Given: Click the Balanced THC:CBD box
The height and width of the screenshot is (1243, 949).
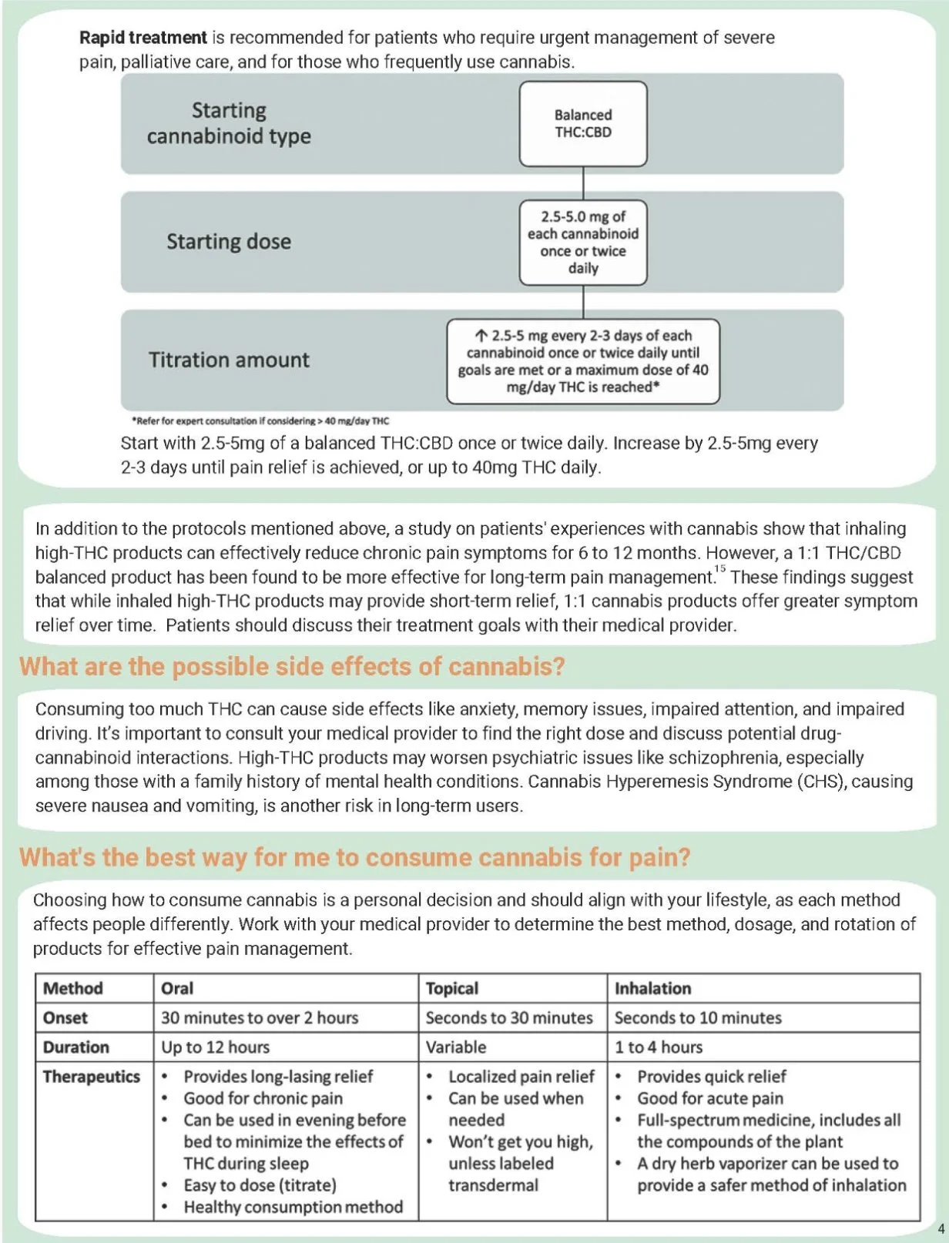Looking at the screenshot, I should [x=583, y=124].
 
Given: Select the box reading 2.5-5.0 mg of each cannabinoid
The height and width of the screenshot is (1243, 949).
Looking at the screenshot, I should [x=583, y=243].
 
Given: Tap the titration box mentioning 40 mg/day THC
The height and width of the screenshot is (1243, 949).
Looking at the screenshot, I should [x=583, y=361].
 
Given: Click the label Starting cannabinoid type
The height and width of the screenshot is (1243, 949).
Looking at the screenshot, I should [x=229, y=123].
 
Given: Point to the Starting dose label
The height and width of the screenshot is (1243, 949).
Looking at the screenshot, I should [x=229, y=242].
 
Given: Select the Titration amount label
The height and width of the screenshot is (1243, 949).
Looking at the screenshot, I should [x=229, y=360].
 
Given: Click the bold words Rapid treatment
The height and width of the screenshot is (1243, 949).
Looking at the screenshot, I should [x=143, y=38].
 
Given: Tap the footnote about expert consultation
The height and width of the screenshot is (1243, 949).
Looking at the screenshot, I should [x=260, y=421].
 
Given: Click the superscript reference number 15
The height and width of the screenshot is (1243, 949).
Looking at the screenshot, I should [x=720, y=569].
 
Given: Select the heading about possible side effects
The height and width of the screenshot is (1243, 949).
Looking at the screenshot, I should [x=292, y=666].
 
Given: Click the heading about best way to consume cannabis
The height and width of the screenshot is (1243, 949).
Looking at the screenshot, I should [x=354, y=857].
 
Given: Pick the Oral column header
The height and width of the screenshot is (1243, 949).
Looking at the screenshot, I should [x=177, y=988].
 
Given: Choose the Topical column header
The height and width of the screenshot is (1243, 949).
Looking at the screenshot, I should [x=452, y=988].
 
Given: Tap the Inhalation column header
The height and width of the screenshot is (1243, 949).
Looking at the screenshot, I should [x=652, y=988].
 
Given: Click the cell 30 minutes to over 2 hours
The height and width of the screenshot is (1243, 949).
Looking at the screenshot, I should [x=260, y=1017].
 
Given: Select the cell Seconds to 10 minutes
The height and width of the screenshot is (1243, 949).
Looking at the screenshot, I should [x=698, y=1017].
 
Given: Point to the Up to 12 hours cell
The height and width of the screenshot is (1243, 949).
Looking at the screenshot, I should [x=216, y=1047].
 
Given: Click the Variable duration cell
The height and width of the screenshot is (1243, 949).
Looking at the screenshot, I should [x=456, y=1047].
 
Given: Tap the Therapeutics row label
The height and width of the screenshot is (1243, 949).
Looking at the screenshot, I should [x=92, y=1077].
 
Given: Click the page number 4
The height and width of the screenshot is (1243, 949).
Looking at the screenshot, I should [x=941, y=1228].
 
